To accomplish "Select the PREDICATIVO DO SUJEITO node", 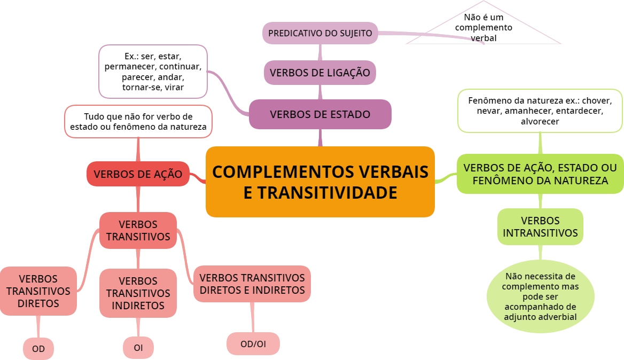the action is [320, 33].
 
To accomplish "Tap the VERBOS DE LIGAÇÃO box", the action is [320, 73].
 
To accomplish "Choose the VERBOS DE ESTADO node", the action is [320, 114].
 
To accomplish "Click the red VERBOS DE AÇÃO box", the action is [138, 174].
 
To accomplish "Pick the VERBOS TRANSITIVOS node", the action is [138, 230].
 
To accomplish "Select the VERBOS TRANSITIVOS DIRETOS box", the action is [38, 291].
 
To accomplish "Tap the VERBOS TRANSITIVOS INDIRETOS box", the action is [138, 293].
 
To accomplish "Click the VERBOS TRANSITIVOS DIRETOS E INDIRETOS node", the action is [252, 284].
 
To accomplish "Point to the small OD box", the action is [38, 349].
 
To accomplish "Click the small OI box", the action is [138, 348].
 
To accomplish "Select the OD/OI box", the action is [253, 344].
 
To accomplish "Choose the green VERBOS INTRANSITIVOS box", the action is [540, 227].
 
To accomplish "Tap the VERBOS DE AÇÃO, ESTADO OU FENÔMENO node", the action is [540, 174].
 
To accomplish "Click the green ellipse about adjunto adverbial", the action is [540, 297].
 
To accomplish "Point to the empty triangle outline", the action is [483, 27].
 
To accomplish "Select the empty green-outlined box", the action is [540, 111].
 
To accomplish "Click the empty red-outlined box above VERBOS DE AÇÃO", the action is [138, 122].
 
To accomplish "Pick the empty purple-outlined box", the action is [153, 72].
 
